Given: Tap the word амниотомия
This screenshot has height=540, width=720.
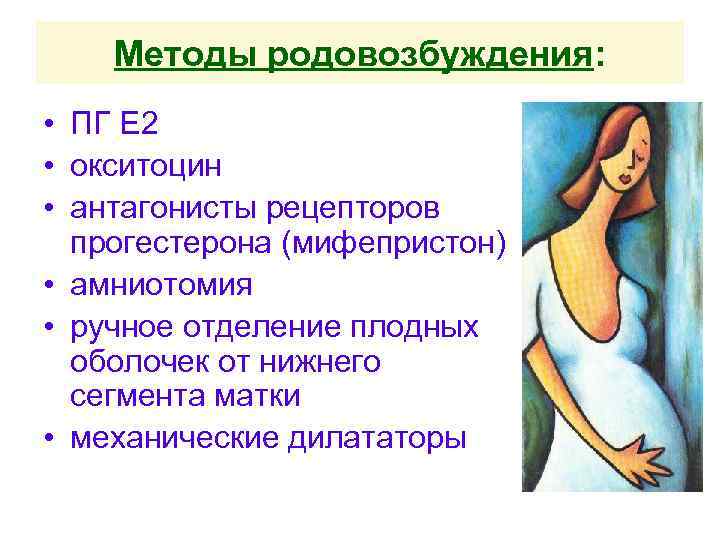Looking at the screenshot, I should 160,285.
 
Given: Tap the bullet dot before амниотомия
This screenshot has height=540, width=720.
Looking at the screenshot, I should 47,286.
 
